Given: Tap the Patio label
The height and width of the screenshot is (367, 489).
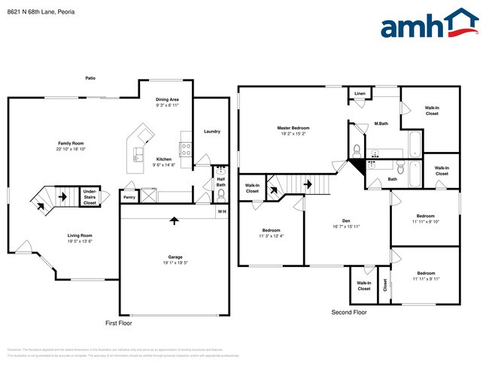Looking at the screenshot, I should pyautogui.click(x=91, y=77).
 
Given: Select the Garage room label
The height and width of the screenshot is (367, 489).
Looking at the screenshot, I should pyautogui.click(x=175, y=257).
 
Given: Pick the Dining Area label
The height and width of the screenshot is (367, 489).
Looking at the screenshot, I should pyautogui.click(x=167, y=100).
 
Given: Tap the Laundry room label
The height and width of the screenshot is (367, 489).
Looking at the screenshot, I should pyautogui.click(x=211, y=132).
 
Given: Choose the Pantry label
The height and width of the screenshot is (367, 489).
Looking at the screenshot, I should pyautogui.click(x=129, y=197).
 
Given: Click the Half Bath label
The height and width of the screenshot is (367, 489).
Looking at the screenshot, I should pyautogui.click(x=221, y=181).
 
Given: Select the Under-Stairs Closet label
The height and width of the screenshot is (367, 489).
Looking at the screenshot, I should pyautogui.click(x=90, y=197).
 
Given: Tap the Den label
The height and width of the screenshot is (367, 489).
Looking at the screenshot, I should pyautogui.click(x=348, y=220).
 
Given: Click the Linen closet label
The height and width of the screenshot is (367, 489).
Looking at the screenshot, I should pyautogui.click(x=360, y=93).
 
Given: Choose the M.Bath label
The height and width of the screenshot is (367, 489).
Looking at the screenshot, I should pyautogui.click(x=381, y=124).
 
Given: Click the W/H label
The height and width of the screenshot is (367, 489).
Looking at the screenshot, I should pyautogui.click(x=222, y=212).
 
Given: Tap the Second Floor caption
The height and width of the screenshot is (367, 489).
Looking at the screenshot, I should pyautogui.click(x=349, y=311).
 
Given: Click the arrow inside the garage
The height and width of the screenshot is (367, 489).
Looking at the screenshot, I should pyautogui.click(x=175, y=221).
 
